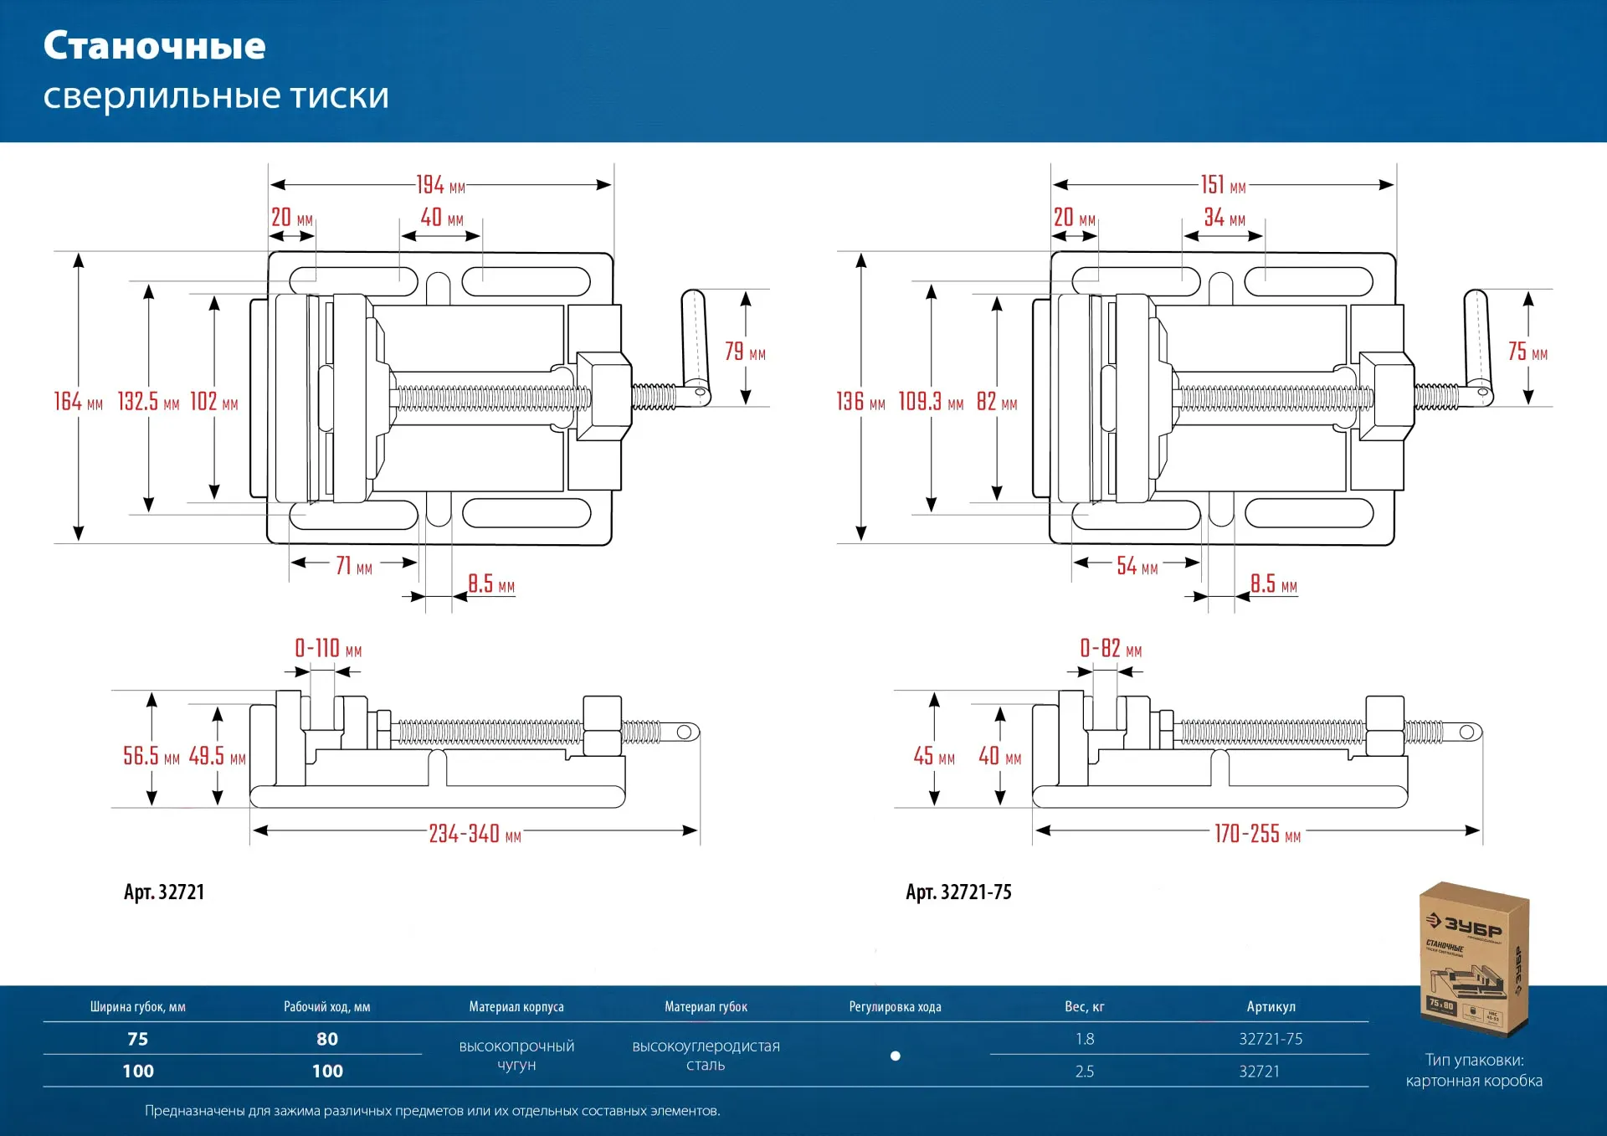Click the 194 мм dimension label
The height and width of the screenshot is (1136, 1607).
point(440,185)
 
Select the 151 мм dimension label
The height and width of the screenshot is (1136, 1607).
point(1223,185)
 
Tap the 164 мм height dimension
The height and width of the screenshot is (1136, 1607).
point(79,402)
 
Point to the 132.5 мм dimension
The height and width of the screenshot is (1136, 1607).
point(148,402)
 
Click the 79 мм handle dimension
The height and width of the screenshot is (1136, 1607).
point(745,352)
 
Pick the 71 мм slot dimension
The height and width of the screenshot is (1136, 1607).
point(354,567)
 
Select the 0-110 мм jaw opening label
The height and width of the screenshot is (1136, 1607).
point(328,649)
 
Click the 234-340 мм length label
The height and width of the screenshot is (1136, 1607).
point(475,834)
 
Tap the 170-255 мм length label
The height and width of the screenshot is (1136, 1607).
point(1257,834)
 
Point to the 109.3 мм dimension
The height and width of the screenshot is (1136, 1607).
point(931,402)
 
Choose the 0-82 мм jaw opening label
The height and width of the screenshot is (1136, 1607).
point(1111,649)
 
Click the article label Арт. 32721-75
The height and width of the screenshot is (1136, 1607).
point(958,892)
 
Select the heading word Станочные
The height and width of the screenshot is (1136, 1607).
point(155,46)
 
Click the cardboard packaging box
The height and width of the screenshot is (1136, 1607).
point(1474,959)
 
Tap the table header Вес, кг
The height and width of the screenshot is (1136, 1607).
point(1084,1007)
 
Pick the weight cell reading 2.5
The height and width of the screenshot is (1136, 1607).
point(1084,1072)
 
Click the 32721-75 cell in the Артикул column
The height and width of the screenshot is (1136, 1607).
point(1271,1039)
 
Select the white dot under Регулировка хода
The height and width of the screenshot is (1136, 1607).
point(895,1056)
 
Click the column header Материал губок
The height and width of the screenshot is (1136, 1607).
point(706,1007)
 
